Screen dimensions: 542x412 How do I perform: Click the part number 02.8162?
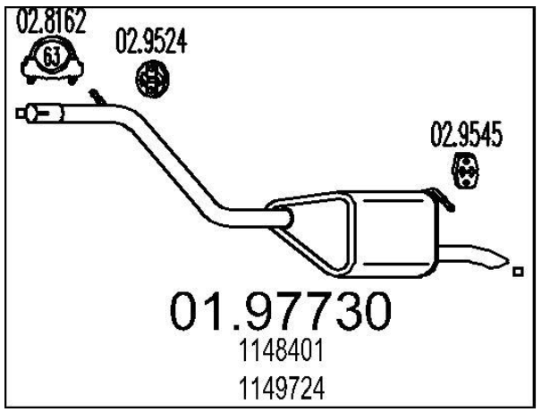click(51, 21)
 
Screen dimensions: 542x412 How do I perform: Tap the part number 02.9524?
click(151, 41)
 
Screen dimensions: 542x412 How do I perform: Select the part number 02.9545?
click(466, 134)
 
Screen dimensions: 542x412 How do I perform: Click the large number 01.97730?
click(280, 311)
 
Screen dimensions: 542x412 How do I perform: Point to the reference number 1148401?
click(282, 349)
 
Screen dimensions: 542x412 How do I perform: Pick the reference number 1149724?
click(282, 388)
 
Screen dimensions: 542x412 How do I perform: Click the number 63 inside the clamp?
click(52, 56)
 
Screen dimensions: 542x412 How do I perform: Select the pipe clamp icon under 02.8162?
click(52, 59)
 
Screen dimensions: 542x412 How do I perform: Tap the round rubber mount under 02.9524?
click(152, 79)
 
